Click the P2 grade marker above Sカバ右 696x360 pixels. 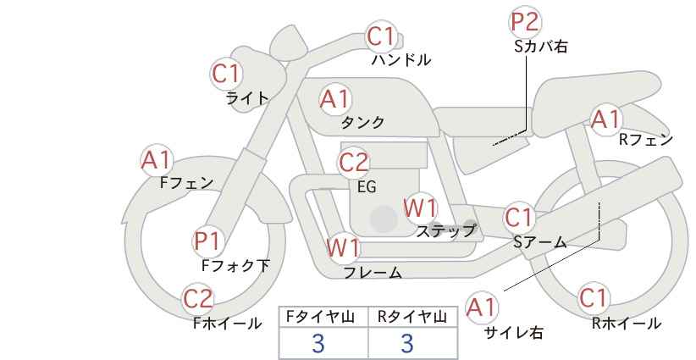point(524,22)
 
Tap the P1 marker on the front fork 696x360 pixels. point(207,242)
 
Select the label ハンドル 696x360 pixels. point(400,59)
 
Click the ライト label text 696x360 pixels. point(247,98)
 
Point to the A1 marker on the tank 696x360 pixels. point(335,99)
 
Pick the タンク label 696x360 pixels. point(362,122)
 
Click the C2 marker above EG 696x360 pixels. point(353,163)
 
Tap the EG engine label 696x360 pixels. point(367,187)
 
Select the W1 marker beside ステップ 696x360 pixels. point(420,208)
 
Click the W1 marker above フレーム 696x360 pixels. point(343,248)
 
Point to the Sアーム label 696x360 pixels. point(540,242)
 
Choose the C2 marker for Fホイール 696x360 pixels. point(198,299)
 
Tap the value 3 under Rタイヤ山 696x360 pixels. point(407,343)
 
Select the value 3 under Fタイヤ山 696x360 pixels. point(318,343)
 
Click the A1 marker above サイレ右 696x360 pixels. point(482,307)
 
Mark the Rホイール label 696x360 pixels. point(627,324)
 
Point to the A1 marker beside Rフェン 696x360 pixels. point(606,119)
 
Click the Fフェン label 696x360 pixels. point(186,183)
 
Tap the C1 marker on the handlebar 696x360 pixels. point(381,36)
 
